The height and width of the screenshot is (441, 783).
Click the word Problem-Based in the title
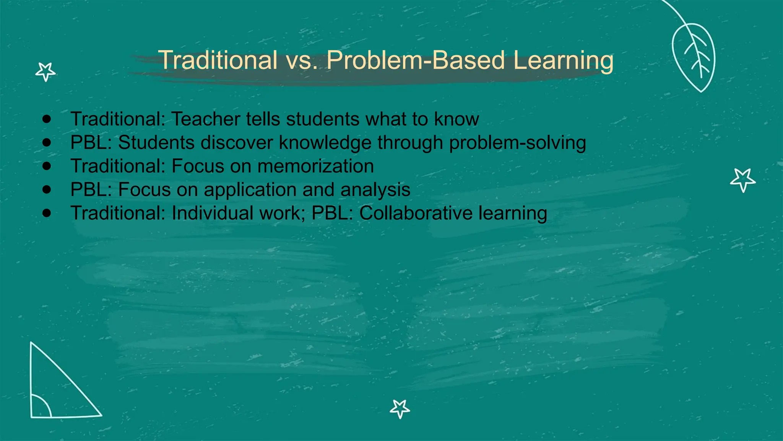(x=416, y=60)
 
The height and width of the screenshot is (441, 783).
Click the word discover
(x=236, y=142)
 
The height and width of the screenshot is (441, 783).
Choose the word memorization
(x=315, y=166)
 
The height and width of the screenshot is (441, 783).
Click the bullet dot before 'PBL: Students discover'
(x=47, y=142)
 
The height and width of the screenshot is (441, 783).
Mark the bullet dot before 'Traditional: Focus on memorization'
(x=47, y=166)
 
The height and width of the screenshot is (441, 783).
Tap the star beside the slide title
(x=45, y=72)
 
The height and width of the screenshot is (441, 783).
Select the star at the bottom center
(x=400, y=408)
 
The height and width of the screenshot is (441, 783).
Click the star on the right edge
(x=742, y=180)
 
